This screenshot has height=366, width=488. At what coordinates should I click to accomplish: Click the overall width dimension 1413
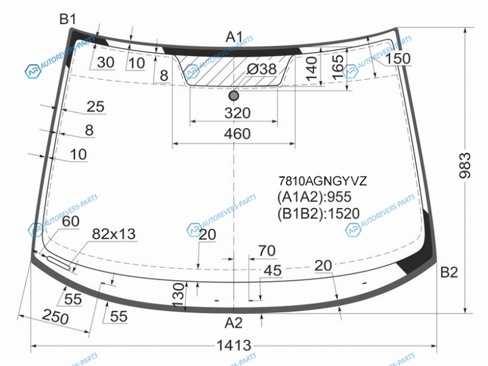click(234, 345)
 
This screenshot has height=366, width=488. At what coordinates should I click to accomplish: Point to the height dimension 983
click(465, 165)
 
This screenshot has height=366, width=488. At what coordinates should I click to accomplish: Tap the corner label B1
click(68, 20)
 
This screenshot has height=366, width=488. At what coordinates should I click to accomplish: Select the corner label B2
click(449, 272)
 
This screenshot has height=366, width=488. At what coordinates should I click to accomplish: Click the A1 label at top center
click(234, 37)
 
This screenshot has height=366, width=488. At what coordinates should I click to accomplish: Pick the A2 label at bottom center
click(234, 323)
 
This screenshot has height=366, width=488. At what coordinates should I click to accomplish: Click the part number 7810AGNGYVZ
click(323, 181)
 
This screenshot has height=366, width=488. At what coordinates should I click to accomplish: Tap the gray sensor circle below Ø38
click(234, 96)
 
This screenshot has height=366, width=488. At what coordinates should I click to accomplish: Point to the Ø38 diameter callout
click(262, 69)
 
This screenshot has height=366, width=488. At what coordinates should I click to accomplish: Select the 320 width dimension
click(237, 113)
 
